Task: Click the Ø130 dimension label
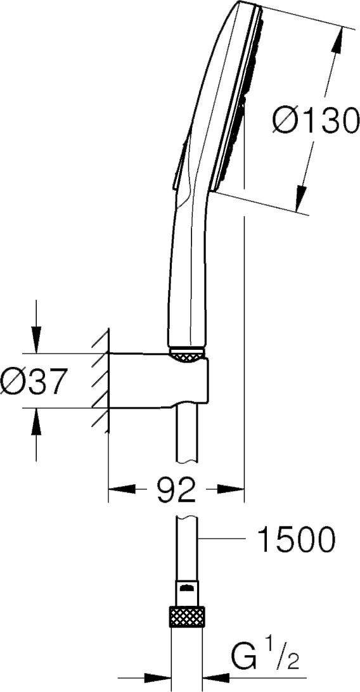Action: click(314, 120)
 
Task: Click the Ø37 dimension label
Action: click(33, 381)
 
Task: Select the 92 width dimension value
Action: click(176, 489)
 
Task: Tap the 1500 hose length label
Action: click(297, 539)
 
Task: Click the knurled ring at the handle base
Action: click(187, 354)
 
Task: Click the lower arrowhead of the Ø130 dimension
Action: click(301, 198)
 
